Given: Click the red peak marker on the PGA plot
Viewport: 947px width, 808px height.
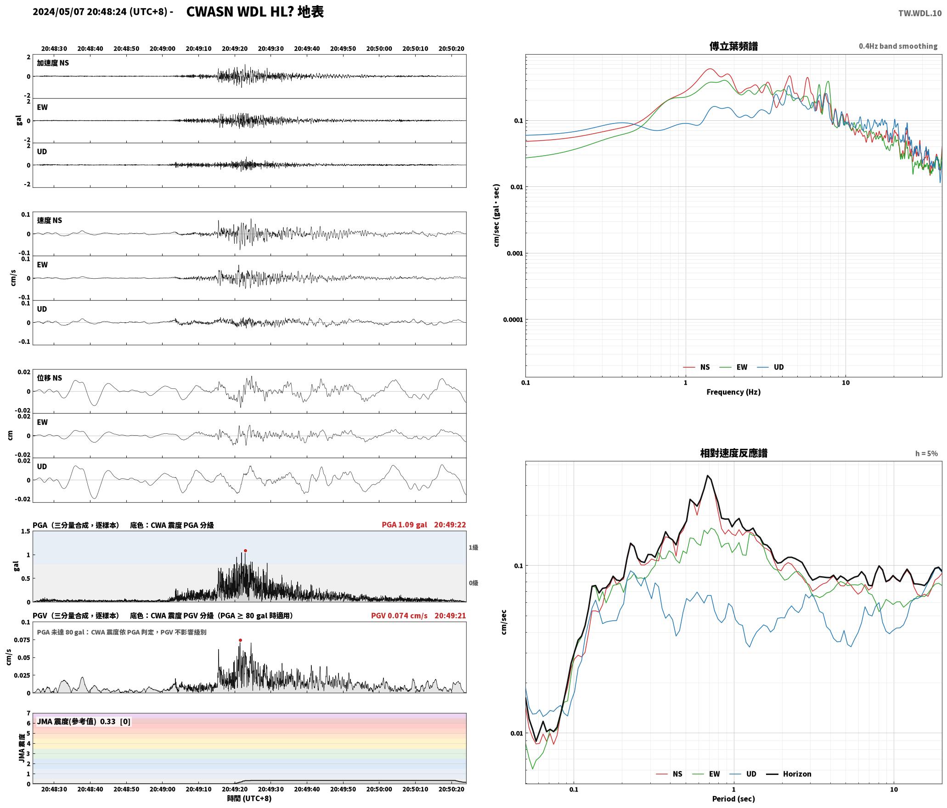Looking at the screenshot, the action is point(245,550).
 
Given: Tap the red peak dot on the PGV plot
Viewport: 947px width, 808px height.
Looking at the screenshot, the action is point(240,640).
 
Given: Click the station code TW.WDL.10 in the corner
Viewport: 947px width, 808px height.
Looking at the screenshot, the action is point(920,13).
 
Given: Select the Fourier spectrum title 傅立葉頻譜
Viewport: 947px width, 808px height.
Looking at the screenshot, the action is point(733,46).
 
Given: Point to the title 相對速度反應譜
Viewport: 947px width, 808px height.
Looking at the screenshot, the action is point(733,453).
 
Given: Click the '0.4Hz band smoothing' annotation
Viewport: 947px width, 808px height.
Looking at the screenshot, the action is point(898,46).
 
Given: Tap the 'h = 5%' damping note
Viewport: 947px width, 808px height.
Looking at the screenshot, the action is point(926,454).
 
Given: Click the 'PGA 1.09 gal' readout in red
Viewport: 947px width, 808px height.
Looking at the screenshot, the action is point(404,525).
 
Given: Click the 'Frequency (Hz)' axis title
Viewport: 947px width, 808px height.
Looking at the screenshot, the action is point(733,392).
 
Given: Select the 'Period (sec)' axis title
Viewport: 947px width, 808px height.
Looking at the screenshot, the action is point(733,799).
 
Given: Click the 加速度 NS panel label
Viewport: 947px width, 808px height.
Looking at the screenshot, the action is point(53,63).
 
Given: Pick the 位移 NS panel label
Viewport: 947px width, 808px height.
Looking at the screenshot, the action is point(49,378).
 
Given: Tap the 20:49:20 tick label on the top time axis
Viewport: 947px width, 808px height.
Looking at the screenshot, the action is point(235,49).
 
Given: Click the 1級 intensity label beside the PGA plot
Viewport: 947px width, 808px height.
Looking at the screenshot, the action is point(473,547).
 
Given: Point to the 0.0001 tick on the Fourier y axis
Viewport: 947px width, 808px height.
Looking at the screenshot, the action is point(513,320).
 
